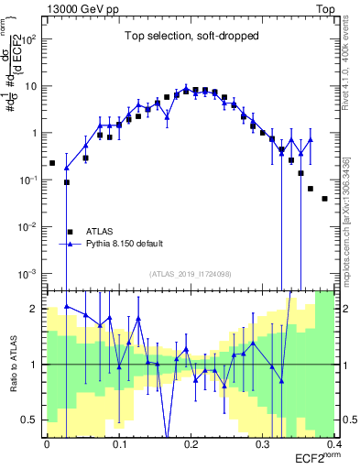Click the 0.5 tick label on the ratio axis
tap(33, 420)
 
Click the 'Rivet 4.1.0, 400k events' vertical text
tap(353, 64)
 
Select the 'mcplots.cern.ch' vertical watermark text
tap(353, 229)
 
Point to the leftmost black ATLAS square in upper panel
tap(52, 163)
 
